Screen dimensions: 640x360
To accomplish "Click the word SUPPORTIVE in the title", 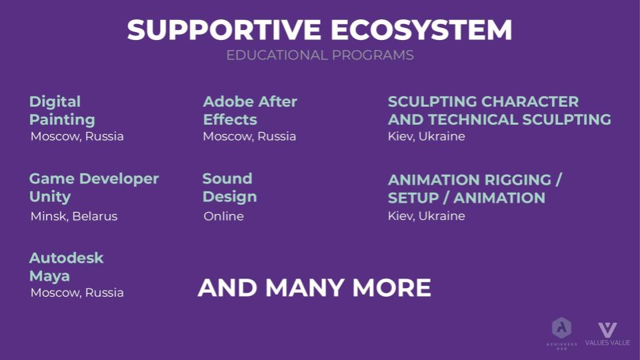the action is (x=224, y=30).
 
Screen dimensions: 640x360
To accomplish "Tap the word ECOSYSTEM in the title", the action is (x=421, y=30).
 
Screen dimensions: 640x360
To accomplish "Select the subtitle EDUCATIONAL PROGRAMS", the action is (x=320, y=55).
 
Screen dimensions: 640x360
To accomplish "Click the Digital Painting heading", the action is (x=62, y=111).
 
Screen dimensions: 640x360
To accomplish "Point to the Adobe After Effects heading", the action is (x=250, y=111).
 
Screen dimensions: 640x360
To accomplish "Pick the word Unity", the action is (x=50, y=197).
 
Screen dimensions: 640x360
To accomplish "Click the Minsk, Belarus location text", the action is (x=74, y=216).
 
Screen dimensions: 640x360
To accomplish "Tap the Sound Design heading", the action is (x=230, y=187).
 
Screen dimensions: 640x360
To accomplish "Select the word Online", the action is (x=224, y=216).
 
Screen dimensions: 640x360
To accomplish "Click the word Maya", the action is (x=49, y=276).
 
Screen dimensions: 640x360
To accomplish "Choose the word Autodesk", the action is (x=67, y=258).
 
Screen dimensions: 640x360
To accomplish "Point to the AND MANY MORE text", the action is (x=314, y=287).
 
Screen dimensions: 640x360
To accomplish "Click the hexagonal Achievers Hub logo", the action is (x=561, y=328).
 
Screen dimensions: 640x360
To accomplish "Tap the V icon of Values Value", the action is (x=608, y=330).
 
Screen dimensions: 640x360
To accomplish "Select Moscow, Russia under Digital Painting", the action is (x=77, y=136).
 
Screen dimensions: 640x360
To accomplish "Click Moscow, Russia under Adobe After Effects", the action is (x=249, y=136).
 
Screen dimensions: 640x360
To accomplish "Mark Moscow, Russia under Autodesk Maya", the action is (x=77, y=293).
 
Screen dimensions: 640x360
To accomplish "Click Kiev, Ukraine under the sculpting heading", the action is (x=427, y=136).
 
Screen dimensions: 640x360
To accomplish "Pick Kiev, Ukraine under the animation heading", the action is (x=427, y=215).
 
